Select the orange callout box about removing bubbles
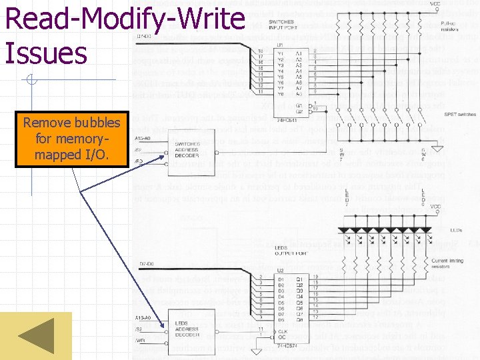(x=71, y=140)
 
